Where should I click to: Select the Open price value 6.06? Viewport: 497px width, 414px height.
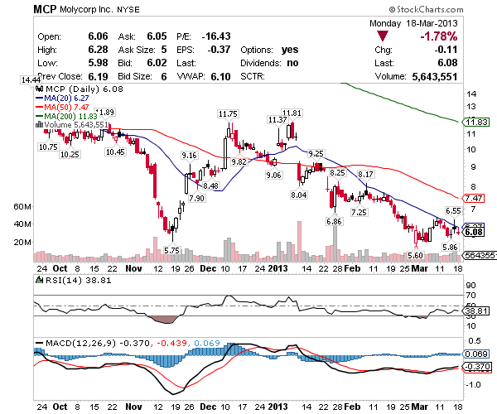pyautogui.click(x=98, y=37)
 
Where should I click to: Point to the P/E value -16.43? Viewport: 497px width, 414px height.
pyautogui.click(x=218, y=37)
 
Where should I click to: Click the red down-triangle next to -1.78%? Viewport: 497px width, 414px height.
pyautogui.click(x=381, y=37)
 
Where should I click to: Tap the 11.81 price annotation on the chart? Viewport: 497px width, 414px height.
pyautogui.click(x=291, y=113)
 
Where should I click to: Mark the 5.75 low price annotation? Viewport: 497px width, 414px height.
pyautogui.click(x=172, y=250)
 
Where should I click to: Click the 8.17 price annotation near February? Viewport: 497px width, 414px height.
pyautogui.click(x=366, y=174)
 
